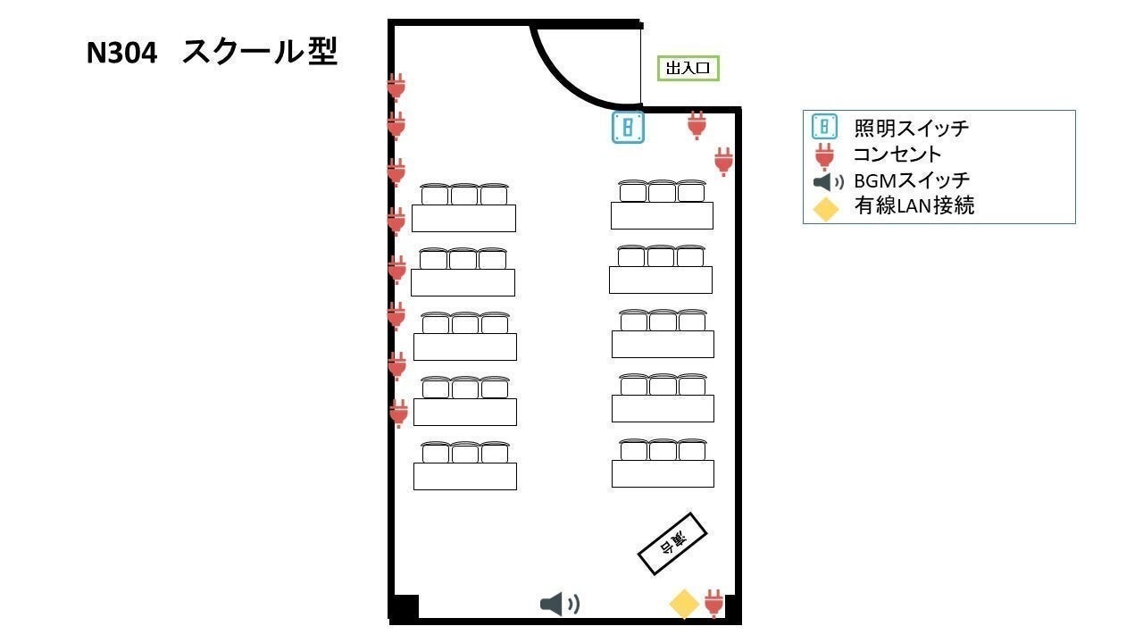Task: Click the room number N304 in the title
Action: coord(122,53)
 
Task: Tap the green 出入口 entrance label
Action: coord(688,69)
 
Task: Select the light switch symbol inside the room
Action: coord(628,127)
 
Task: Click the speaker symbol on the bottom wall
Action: coord(560,605)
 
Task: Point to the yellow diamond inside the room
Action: coord(684,605)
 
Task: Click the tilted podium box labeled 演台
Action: coord(672,544)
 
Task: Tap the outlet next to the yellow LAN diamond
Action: coord(713,603)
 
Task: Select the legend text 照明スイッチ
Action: coord(912,128)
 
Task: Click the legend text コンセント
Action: coord(897,154)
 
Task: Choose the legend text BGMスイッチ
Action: coord(912,180)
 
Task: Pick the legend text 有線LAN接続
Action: coord(914,205)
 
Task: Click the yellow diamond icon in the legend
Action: coord(826,208)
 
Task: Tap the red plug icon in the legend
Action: coord(824,156)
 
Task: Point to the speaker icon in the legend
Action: coord(828,181)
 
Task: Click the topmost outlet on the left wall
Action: coord(396,88)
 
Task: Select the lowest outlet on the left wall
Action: coord(398,413)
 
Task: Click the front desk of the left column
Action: coord(465,476)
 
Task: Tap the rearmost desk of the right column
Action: coord(662,215)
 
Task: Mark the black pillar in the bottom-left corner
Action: coord(405,607)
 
